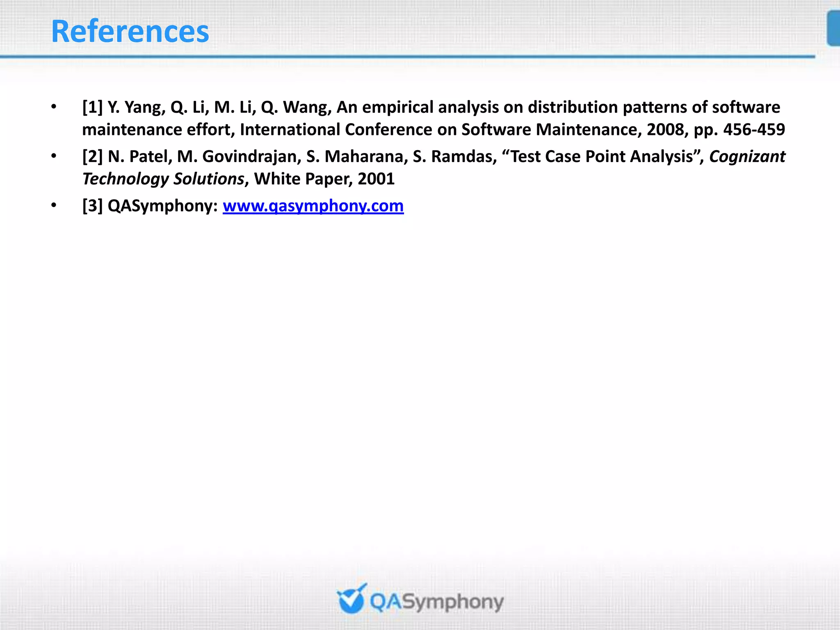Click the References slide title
point(130,32)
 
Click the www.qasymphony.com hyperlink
point(313,206)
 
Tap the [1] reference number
point(92,107)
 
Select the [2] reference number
point(92,157)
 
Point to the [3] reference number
point(92,206)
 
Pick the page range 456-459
point(754,130)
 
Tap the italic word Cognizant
point(747,157)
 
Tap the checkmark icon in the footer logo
point(351,599)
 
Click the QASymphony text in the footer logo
point(436,602)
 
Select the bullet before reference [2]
point(54,156)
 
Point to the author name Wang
point(306,107)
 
